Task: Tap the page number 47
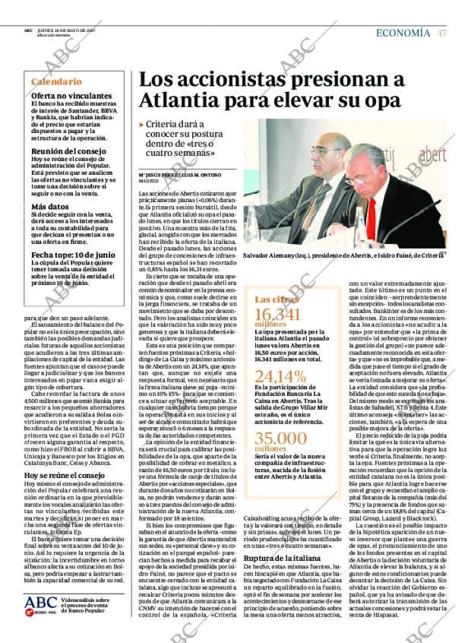[441, 33]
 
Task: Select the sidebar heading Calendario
[56, 81]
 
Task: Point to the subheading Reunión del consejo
[64, 151]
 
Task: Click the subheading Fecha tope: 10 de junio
[74, 254]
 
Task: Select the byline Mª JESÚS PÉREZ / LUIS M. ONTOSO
[179, 176]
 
